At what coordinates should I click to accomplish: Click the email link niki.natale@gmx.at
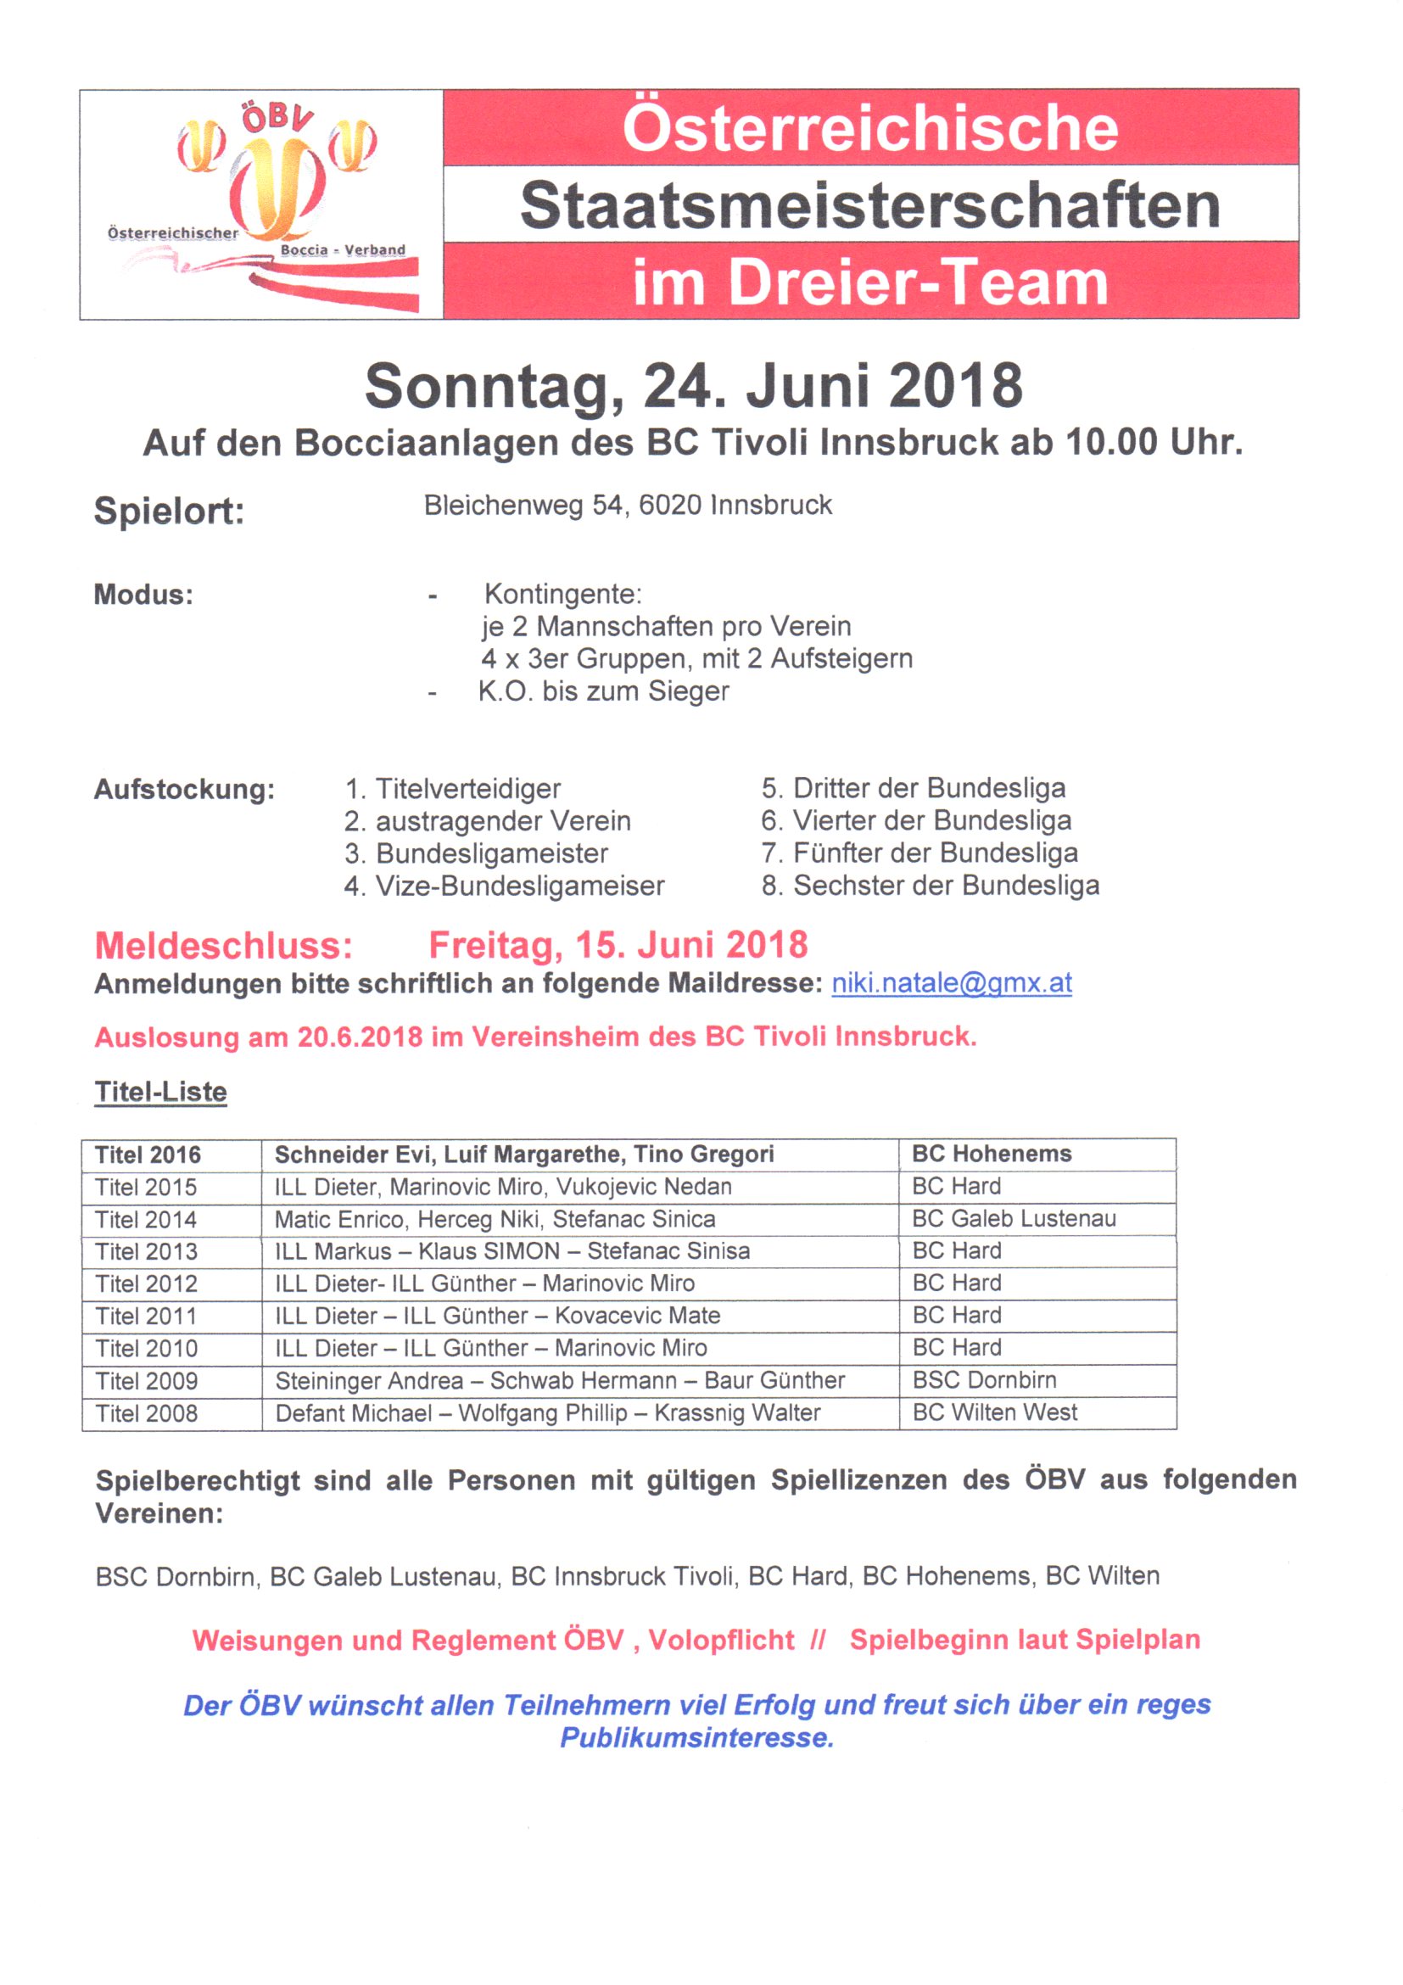951,983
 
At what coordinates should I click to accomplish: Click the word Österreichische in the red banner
869,128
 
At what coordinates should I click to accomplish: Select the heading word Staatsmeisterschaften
869,205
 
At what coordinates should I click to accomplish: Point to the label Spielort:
169,510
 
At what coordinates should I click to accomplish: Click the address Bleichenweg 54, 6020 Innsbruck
628,505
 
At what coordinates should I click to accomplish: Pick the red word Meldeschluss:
224,945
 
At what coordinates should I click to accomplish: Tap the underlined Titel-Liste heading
161,1091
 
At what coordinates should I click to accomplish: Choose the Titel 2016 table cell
148,1155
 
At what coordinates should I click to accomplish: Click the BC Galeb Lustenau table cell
1013,1218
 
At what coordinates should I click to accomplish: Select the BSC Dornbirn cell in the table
984,1380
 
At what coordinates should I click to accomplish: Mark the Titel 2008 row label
146,1412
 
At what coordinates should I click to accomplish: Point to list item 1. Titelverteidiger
452,788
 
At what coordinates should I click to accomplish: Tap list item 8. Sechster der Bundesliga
931,886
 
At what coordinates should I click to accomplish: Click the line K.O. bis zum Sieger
603,691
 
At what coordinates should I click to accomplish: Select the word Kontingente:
562,594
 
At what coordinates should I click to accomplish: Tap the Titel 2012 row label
146,1283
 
